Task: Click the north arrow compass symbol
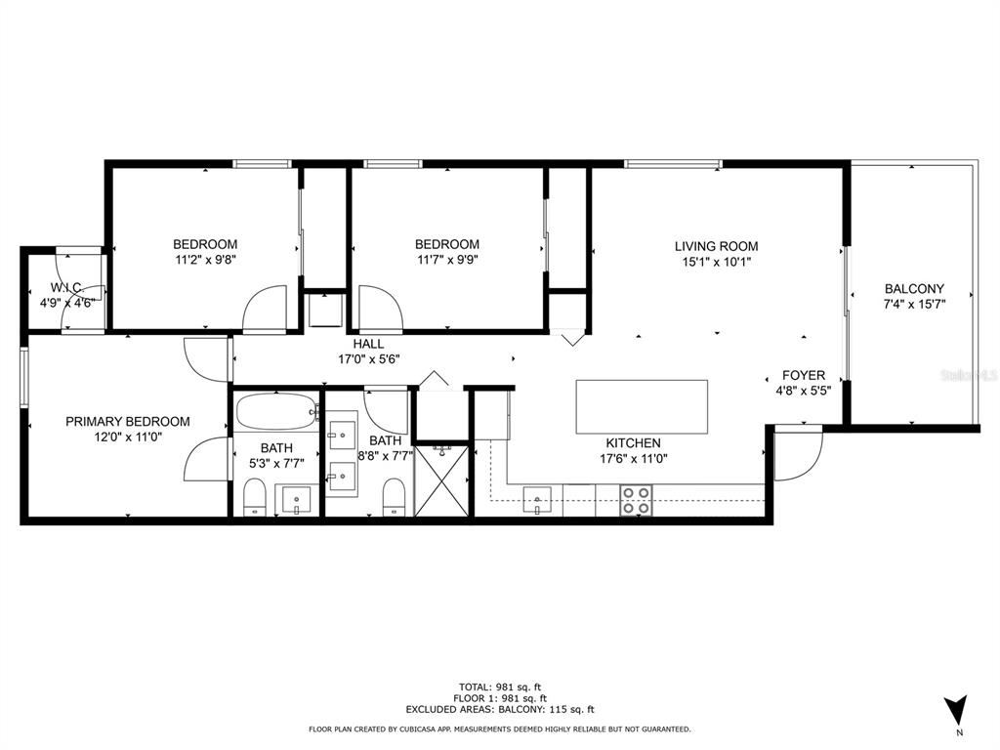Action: [957, 709]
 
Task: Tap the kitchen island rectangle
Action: [642, 406]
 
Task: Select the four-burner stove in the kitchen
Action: [636, 500]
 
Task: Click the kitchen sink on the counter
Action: [536, 501]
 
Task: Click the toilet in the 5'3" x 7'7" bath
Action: [254, 496]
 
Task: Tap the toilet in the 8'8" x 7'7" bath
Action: [394, 496]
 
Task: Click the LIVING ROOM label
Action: [716, 246]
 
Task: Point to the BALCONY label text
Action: [914, 289]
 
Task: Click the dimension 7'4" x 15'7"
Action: [914, 304]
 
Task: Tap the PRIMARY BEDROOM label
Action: [127, 422]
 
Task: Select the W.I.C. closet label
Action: [65, 288]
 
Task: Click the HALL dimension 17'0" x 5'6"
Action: [368, 358]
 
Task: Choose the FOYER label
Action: [804, 375]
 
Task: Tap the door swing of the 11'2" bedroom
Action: [266, 309]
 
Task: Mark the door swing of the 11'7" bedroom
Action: [380, 309]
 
